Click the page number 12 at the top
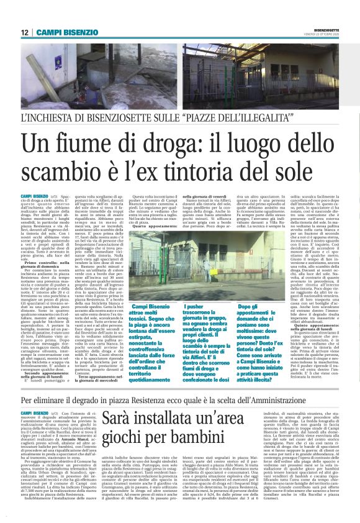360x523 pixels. [24, 32]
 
